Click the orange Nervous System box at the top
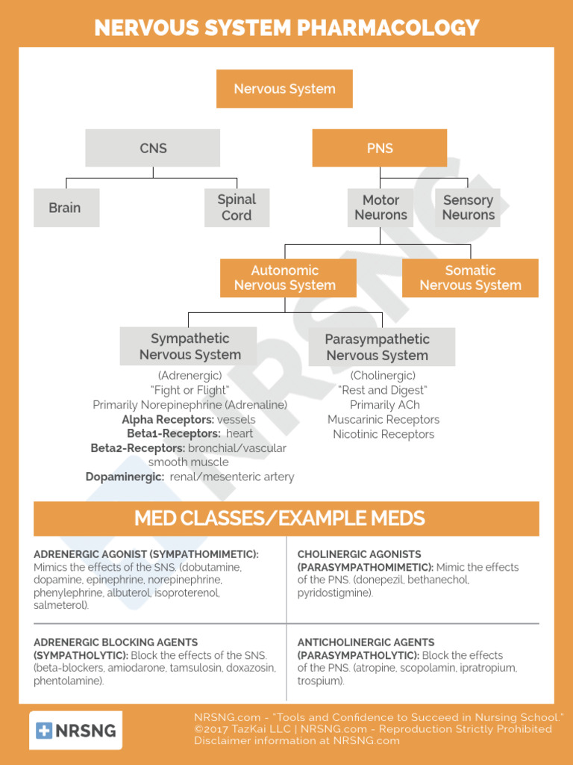pos(284,89)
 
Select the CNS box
pos(152,148)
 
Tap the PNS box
pos(380,148)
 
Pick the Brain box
pos(66,208)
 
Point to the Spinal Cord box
pos(237,208)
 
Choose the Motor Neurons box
pos(381,208)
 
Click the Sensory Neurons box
pos(468,208)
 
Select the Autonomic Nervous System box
pos(288,278)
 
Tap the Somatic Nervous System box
pos(470,278)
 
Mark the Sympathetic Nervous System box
pos(188,347)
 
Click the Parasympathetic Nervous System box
pos(382,347)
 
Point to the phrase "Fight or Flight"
pos(190,390)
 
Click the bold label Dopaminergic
pos(125,477)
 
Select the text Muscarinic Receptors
pos(383,420)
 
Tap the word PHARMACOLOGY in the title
pos(388,28)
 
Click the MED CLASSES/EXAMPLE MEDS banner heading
pos(280,518)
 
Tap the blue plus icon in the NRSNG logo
pos(44,731)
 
